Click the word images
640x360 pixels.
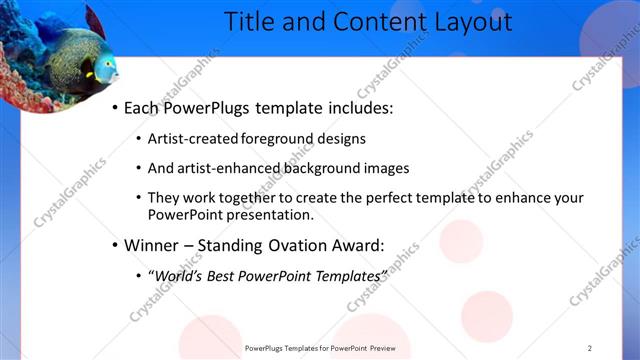386,169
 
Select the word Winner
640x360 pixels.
151,244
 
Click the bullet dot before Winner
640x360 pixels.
115,245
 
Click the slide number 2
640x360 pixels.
590,348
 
